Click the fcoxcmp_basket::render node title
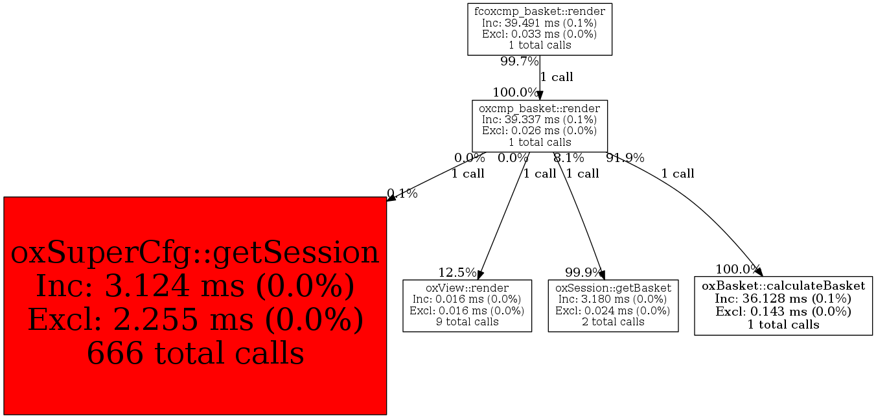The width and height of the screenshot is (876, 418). pos(540,11)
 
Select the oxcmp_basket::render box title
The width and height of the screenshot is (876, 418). pos(540,108)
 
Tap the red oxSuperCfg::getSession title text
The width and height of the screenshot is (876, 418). pos(195,252)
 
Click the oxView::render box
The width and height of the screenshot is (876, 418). pos(467,306)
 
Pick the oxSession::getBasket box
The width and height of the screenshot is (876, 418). pos(613,306)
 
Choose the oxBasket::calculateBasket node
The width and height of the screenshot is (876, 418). pos(783,306)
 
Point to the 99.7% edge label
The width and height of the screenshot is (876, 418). pos(520,62)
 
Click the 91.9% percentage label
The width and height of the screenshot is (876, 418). pos(625,158)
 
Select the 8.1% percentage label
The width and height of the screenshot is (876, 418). pos(569,158)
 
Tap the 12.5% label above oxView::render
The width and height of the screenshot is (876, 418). pos(457,272)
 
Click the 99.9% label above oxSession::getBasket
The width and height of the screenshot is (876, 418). pos(584,272)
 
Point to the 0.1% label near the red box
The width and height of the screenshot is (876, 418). pos(402,193)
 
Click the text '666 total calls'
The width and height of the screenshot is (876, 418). pos(195,353)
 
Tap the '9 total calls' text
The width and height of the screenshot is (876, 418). pos(467,322)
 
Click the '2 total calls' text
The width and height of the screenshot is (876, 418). pos(613,322)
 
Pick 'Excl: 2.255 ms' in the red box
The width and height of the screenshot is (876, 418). pos(141,319)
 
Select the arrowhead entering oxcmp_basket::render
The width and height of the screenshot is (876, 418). pos(540,96)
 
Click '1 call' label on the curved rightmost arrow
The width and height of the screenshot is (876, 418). pos(678,173)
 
